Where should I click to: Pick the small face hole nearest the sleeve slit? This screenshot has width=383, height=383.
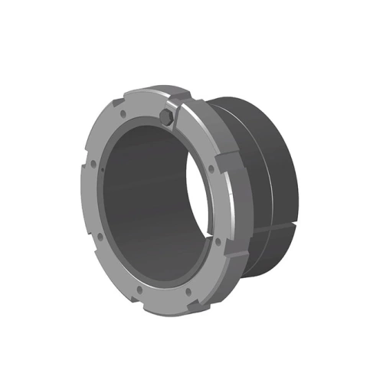click(218, 243)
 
